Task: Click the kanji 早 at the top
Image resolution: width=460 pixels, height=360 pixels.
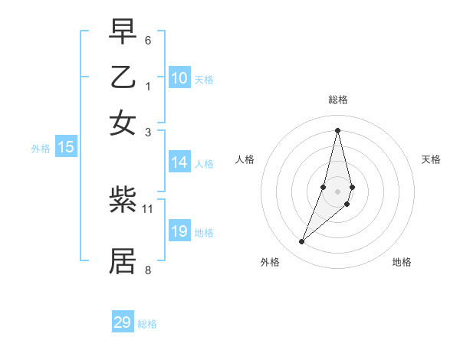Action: (123, 33)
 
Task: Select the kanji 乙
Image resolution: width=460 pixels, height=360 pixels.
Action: (123, 77)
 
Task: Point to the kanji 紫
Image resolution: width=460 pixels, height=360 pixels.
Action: (123, 201)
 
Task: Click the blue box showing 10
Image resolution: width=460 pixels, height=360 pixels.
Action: (179, 78)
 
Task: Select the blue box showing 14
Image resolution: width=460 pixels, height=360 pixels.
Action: (179, 162)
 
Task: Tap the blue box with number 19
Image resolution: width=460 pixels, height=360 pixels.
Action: (179, 231)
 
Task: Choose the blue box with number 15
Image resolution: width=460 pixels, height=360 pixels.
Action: (66, 148)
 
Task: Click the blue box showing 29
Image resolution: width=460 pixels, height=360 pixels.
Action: (123, 322)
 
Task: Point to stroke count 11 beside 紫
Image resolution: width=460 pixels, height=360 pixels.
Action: (148, 208)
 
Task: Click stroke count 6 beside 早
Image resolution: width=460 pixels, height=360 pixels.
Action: (148, 40)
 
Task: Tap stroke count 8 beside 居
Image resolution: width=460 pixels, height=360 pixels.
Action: (148, 270)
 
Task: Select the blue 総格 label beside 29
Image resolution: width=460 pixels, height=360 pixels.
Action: (147, 324)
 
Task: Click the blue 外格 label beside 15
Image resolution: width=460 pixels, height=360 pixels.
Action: (40, 149)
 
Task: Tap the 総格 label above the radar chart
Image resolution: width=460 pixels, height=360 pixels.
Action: (337, 100)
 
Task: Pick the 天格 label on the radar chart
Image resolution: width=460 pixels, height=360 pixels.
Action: (431, 159)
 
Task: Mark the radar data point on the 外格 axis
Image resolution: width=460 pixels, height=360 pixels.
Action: (301, 242)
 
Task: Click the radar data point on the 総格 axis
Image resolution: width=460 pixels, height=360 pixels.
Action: (337, 129)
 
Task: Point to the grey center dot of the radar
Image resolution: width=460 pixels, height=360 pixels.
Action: (337, 191)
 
